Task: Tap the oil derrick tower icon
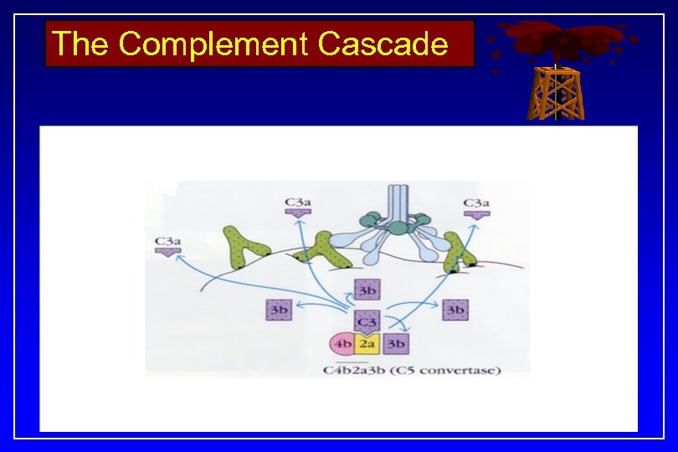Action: coord(553,92)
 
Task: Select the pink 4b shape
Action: coord(342,343)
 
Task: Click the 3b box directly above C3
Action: coord(367,290)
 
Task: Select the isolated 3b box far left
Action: coord(278,310)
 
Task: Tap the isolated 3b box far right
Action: coord(455,310)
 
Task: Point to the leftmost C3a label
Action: coord(168,243)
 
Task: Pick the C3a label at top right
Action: coord(476,203)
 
